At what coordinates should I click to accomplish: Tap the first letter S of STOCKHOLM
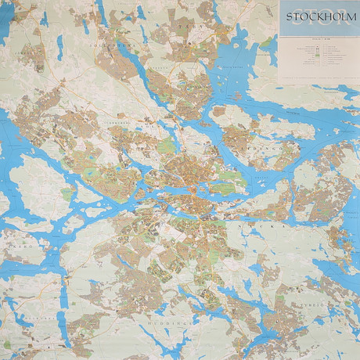click(290, 17)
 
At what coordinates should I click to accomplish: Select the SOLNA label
click(149, 125)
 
